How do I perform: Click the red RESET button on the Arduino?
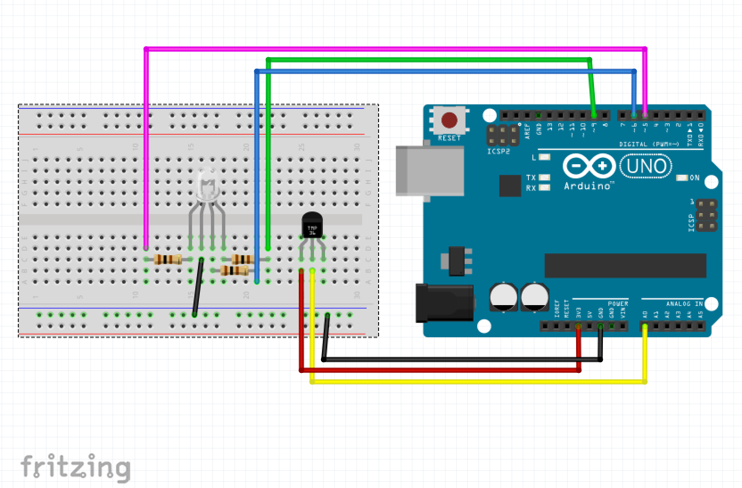[449, 120]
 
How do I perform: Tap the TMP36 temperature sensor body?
[312, 225]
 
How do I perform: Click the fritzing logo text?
[75, 467]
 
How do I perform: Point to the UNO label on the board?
[646, 166]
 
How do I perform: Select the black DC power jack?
[444, 303]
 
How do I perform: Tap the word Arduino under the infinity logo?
[587, 186]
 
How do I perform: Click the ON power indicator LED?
[682, 178]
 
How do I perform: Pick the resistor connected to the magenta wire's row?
[168, 259]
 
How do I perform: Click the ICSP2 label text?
[498, 152]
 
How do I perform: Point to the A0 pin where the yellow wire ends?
[645, 327]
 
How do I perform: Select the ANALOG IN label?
[684, 304]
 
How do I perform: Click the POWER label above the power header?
[618, 304]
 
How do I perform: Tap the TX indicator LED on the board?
[544, 178]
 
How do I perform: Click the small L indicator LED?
[544, 157]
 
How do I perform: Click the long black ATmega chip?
[625, 265]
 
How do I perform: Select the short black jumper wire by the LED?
[198, 287]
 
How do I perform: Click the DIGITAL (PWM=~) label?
[649, 144]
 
